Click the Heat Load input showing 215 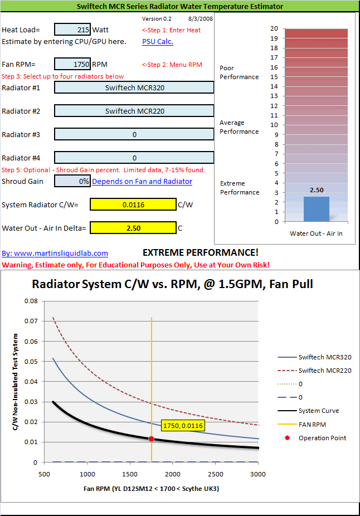(x=72, y=30)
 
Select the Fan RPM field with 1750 (x=72, y=64)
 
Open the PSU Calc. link (x=157, y=41)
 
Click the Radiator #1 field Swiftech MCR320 (x=134, y=87)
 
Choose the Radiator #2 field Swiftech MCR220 (x=134, y=111)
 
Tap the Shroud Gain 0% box (x=72, y=181)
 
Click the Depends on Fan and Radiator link (x=142, y=181)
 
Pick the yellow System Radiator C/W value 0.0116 (x=133, y=205)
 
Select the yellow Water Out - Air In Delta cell (x=133, y=228)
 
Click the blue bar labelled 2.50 (x=316, y=208)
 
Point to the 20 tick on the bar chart (x=274, y=28)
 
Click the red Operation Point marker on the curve (x=151, y=439)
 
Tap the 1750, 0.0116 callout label (x=183, y=426)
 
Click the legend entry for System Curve (x=318, y=411)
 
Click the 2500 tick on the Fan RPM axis (x=216, y=474)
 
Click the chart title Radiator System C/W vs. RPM (x=172, y=284)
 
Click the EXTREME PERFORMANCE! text (x=201, y=252)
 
